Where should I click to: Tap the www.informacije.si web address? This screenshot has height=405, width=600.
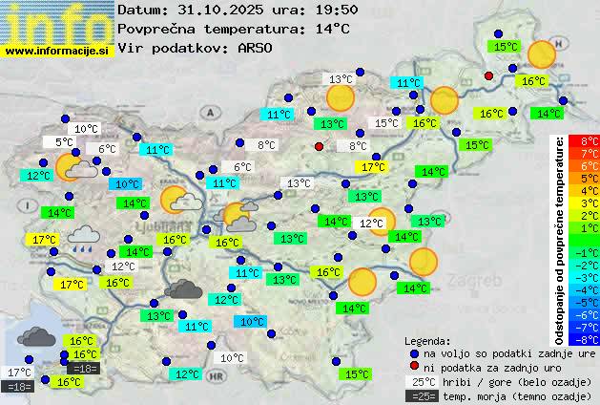point(57,51)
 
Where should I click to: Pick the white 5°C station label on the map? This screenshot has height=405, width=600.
point(64,142)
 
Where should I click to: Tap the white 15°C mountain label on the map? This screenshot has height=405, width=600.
point(386,123)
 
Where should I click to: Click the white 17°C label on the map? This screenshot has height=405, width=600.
point(18,373)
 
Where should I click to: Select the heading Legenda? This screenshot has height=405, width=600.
point(427,340)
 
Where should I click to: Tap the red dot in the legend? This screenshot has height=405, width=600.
point(413,367)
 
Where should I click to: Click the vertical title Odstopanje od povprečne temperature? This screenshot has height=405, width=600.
point(561,239)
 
